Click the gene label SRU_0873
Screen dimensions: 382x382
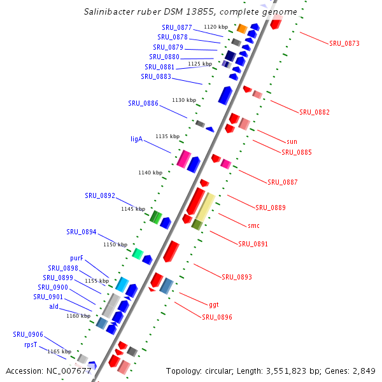point(344,43)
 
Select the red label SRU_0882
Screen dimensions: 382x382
point(315,112)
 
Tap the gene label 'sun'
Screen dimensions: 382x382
point(292,141)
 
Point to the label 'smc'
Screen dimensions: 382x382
point(253,225)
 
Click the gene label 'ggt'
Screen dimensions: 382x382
point(214,304)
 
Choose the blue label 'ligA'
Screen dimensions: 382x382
point(136,138)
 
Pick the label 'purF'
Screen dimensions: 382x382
point(76,258)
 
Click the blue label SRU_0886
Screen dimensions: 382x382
point(143,103)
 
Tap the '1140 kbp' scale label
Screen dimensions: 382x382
point(150,173)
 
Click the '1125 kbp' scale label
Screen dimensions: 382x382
point(199,64)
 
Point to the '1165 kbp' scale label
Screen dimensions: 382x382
point(59,351)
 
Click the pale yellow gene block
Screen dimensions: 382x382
point(205,206)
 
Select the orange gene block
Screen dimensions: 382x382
point(242,28)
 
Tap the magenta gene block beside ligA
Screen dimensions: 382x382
point(184,159)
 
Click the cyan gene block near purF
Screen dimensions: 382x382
point(122,285)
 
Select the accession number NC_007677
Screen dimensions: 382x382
point(67,371)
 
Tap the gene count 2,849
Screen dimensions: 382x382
point(364,371)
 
